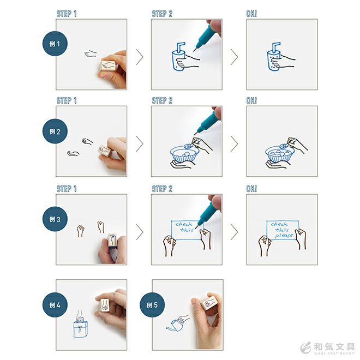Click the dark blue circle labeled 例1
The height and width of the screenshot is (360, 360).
click(x=55, y=44)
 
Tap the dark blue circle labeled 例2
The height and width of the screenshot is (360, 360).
click(x=55, y=131)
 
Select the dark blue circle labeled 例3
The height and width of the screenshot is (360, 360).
click(x=55, y=219)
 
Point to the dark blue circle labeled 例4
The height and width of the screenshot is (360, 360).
click(x=55, y=305)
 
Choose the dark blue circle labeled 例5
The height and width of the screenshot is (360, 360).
click(x=152, y=305)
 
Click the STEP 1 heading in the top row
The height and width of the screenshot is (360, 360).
click(x=67, y=14)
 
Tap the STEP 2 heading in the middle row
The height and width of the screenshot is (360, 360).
click(x=162, y=100)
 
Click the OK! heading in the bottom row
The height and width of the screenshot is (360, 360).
click(x=251, y=189)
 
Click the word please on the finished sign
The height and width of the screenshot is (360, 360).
click(x=285, y=235)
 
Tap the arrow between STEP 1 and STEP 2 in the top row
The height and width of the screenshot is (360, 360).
click(x=140, y=57)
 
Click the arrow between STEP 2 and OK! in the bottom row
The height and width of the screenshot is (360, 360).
click(x=234, y=232)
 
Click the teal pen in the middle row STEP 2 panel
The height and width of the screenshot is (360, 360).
click(x=206, y=121)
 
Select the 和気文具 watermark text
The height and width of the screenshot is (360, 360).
click(x=334, y=346)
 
